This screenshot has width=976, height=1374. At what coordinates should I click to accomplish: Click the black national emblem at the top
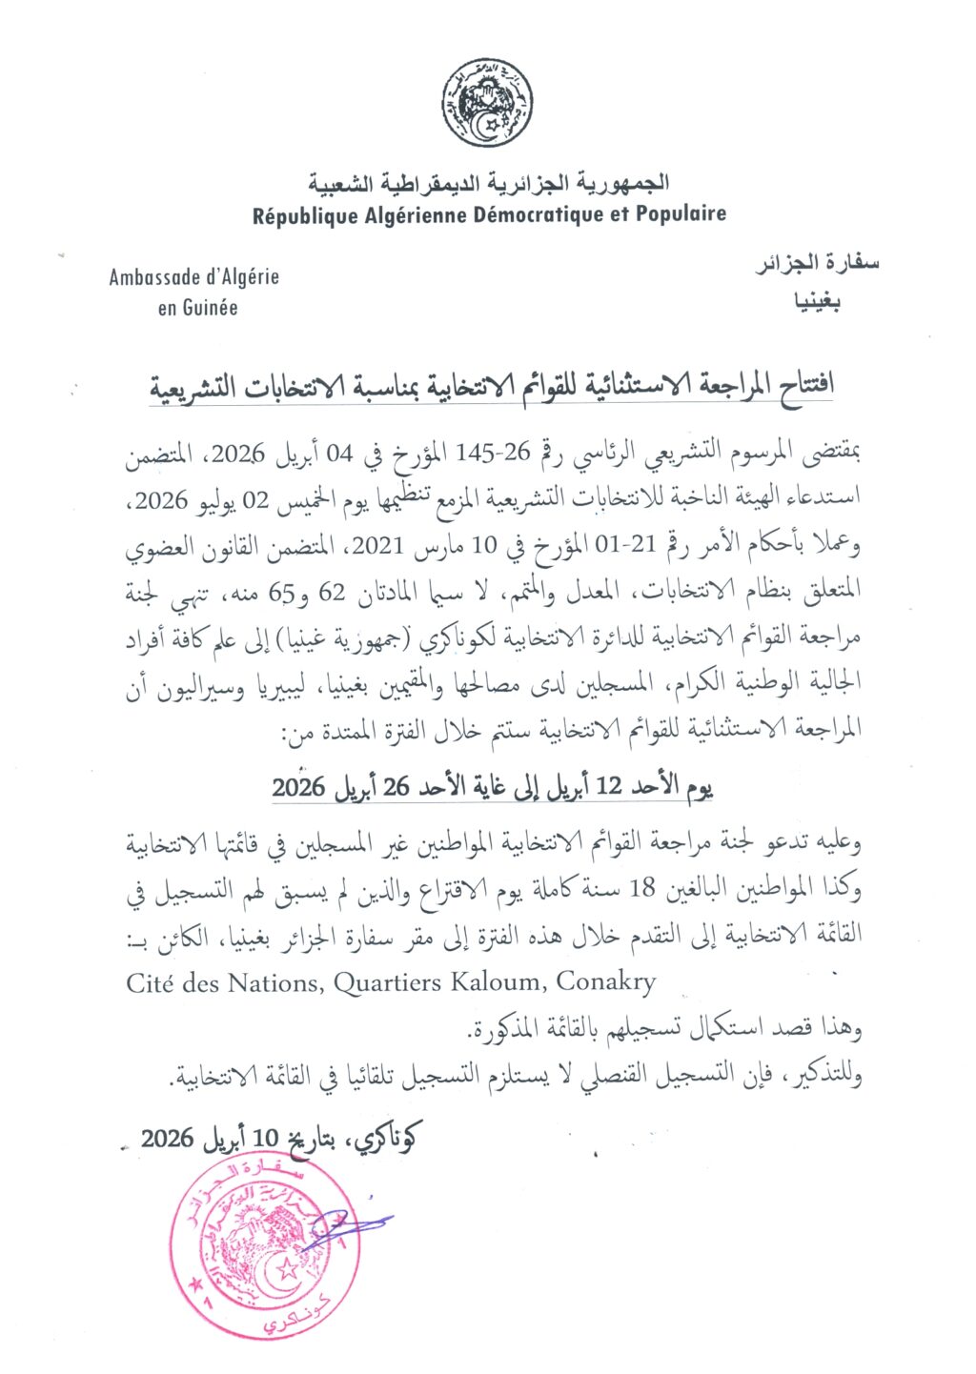pyautogui.click(x=487, y=102)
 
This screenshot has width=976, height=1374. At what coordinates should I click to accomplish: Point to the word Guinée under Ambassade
pyautogui.click(x=211, y=308)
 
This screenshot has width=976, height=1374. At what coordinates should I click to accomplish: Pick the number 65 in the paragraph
pyautogui.click(x=278, y=593)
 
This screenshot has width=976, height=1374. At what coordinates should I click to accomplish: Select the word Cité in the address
pyautogui.click(x=150, y=982)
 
